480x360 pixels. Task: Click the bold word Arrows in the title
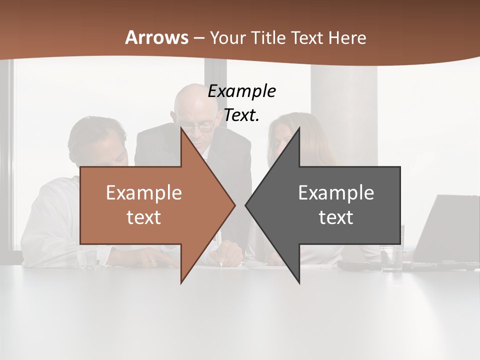click(x=156, y=37)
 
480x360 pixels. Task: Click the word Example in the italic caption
click(x=241, y=91)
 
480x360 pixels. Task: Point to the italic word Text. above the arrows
click(x=241, y=115)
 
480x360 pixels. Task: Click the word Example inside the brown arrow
click(x=144, y=192)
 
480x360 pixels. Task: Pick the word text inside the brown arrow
click(x=144, y=217)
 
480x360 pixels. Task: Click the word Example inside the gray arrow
click(x=336, y=192)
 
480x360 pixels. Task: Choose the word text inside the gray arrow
click(x=336, y=217)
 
